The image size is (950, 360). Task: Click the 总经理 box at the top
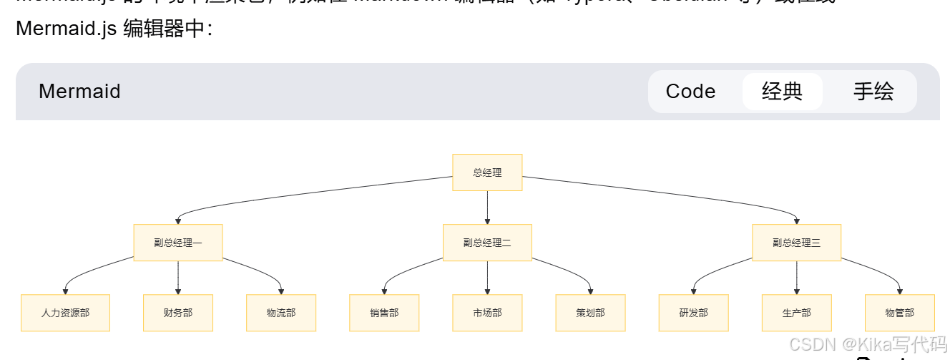tap(487, 172)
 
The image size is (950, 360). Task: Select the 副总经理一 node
tap(178, 243)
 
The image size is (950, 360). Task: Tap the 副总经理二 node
tap(487, 243)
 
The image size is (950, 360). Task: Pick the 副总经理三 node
tap(796, 243)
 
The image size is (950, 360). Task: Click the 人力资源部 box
tap(65, 313)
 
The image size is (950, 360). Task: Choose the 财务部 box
tap(178, 313)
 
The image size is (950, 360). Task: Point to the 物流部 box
tap(281, 313)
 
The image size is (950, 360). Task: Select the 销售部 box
tap(384, 313)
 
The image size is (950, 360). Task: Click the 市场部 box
tap(487, 313)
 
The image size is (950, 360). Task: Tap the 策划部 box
tap(590, 313)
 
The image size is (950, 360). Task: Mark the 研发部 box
tap(693, 313)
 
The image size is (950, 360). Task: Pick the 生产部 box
tap(796, 313)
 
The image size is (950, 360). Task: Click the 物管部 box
tap(899, 313)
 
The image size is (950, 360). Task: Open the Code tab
tap(690, 92)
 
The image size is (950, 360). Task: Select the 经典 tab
tap(782, 92)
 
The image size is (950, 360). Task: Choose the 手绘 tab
tap(873, 92)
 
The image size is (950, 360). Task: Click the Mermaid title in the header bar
tap(79, 92)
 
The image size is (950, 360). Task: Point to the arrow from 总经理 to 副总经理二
tap(487, 208)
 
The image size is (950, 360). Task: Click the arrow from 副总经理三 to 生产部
tap(796, 278)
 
